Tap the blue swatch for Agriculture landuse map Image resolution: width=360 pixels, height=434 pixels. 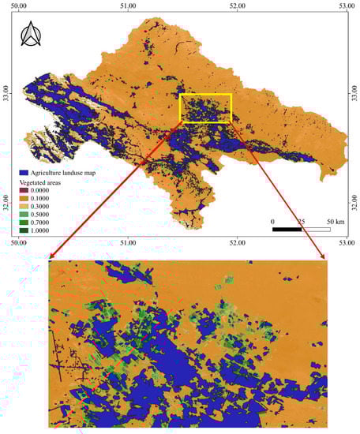[x=24, y=171]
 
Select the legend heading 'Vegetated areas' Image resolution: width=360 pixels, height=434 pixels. [x=42, y=181]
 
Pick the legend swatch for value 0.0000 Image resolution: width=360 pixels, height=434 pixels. [x=24, y=190]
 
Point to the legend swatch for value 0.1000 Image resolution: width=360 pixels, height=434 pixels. [x=24, y=199]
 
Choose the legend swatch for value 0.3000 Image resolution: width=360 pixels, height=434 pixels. [x=24, y=208]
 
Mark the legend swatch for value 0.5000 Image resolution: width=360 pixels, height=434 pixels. [x=24, y=216]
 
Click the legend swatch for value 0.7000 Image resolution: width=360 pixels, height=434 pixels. [x=24, y=225]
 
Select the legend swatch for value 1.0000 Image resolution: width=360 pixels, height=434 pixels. [x=24, y=234]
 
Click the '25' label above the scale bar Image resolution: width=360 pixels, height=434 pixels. [x=301, y=221]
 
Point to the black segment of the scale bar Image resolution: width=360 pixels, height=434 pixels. [x=287, y=229]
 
